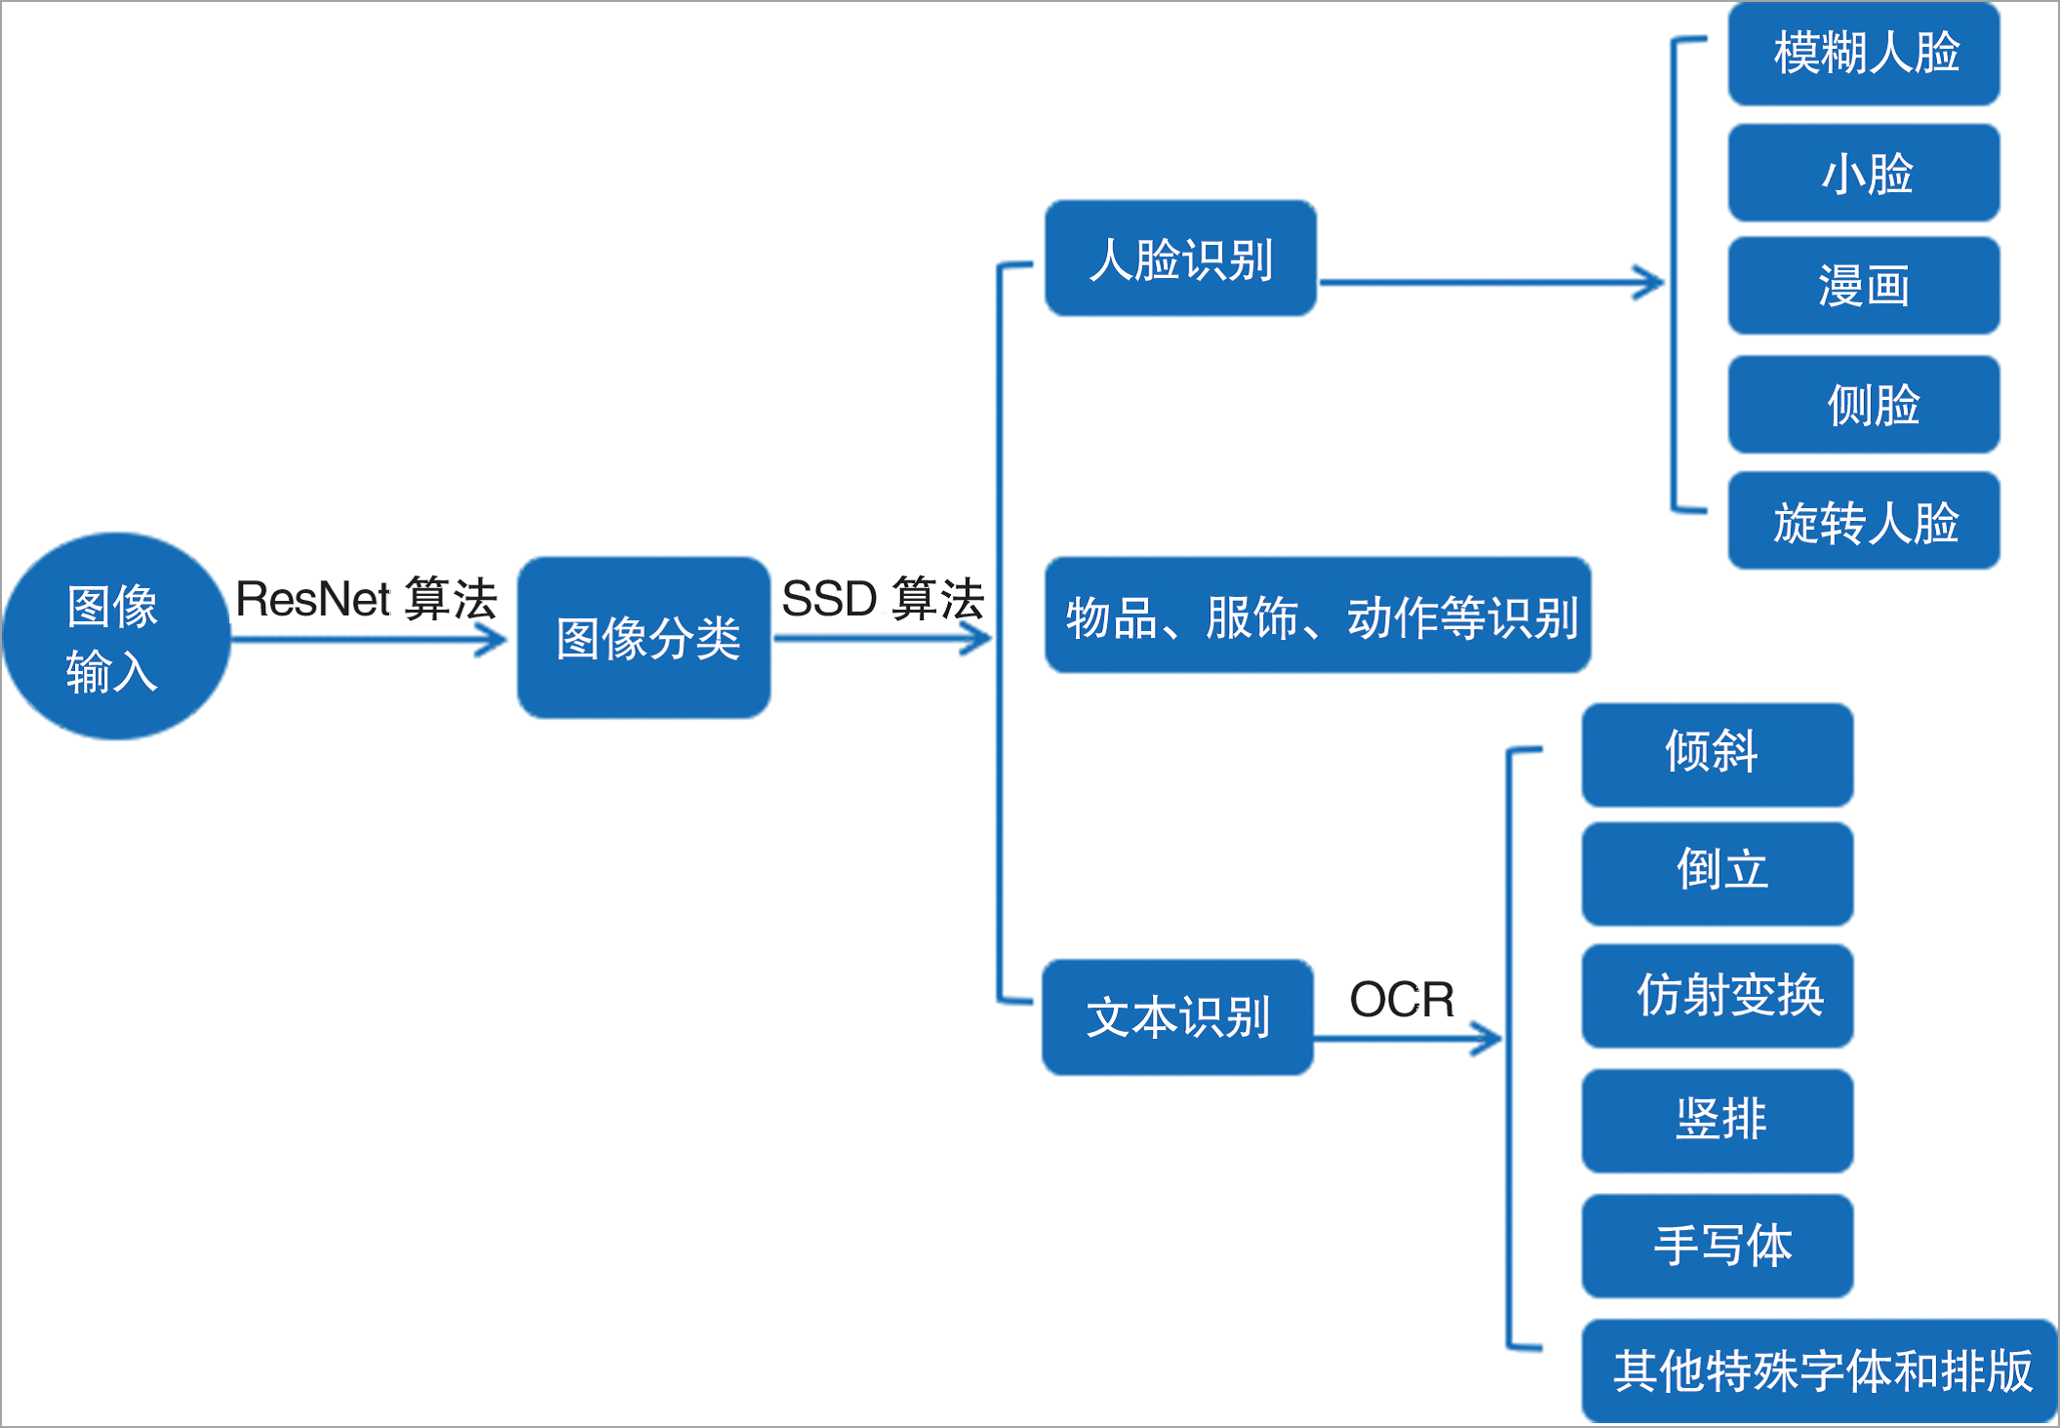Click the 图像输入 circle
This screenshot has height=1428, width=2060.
[x=116, y=636]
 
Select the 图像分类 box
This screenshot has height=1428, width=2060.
[x=644, y=638]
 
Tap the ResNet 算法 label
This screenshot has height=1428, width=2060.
[x=366, y=598]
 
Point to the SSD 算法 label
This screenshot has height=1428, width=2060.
[x=883, y=598]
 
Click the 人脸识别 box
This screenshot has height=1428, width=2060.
[x=1180, y=258]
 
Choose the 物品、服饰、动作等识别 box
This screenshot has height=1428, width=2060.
[x=1318, y=615]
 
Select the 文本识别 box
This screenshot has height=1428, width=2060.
[x=1177, y=1017]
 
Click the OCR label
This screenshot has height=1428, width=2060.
[x=1402, y=1000]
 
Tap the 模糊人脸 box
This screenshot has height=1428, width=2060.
[x=1864, y=53]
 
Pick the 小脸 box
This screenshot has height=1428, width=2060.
[x=1864, y=173]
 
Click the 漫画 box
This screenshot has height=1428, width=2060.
[x=1864, y=286]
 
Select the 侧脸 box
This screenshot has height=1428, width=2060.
[x=1864, y=404]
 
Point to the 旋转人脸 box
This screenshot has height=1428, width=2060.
[x=1864, y=521]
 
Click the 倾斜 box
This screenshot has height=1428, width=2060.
[x=1718, y=755]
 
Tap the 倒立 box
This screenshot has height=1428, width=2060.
[x=1718, y=874]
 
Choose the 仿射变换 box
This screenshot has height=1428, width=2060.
[x=1718, y=996]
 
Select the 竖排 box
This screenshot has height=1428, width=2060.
[x=1718, y=1121]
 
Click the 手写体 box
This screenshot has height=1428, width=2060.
[x=1718, y=1246]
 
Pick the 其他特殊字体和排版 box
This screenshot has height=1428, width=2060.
[x=1820, y=1370]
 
